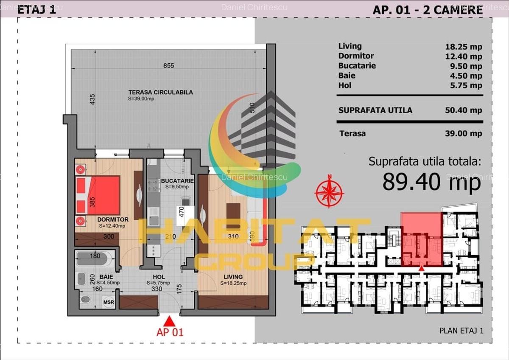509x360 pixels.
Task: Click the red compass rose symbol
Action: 329,191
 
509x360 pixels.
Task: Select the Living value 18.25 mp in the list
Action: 464,46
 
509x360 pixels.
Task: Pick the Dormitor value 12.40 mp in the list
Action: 464,56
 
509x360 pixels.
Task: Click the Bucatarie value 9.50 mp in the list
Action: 465,66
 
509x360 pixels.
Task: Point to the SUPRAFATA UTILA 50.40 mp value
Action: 464,110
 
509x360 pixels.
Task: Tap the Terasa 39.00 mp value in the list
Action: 464,133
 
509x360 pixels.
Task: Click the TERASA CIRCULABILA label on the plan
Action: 160,92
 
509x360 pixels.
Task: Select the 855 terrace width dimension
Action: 169,66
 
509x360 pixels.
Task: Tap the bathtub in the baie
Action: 95,259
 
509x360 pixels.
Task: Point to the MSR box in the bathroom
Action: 108,302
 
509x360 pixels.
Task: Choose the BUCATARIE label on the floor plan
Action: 177,181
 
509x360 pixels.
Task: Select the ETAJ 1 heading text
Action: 36,10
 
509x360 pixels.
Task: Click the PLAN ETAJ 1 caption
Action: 461,330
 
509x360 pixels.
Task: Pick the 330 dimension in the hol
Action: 157,289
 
